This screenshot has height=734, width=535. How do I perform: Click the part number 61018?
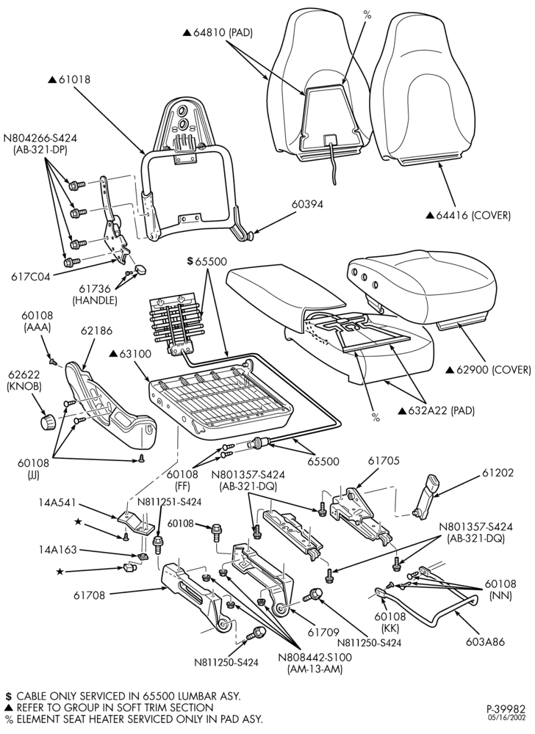[75, 80]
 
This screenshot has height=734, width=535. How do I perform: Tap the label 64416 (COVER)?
[473, 215]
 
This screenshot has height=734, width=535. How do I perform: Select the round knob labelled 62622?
[47, 422]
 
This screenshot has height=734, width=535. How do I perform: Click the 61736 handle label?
[94, 295]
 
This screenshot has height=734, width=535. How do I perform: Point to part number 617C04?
[30, 277]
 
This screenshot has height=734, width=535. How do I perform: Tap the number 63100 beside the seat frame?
[135, 354]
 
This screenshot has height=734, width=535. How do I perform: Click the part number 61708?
[89, 595]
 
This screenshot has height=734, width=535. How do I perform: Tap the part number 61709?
[323, 633]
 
